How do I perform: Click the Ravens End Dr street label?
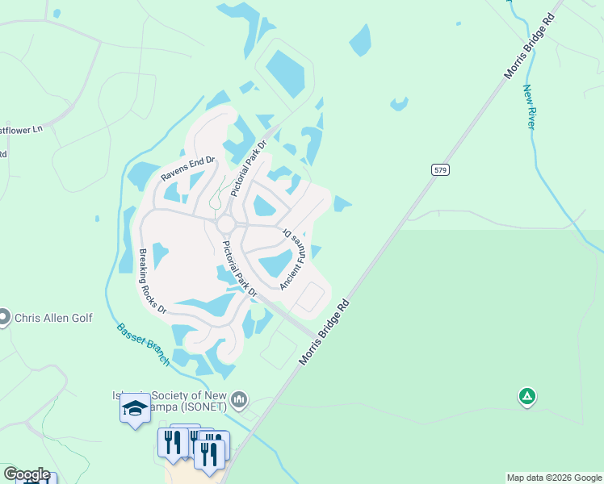point(187,169)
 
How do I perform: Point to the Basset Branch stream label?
point(143,344)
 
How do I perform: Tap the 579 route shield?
point(439,169)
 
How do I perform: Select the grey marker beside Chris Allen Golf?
point(5,317)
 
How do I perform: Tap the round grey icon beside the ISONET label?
point(239,399)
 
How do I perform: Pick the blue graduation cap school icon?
point(136,409)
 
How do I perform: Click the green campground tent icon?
point(526,396)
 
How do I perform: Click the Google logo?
point(26,474)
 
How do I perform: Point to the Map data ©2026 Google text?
point(553,478)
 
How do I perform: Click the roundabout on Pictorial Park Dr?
point(225,223)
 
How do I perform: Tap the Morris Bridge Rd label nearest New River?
point(531,46)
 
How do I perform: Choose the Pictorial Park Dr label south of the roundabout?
point(239,269)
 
